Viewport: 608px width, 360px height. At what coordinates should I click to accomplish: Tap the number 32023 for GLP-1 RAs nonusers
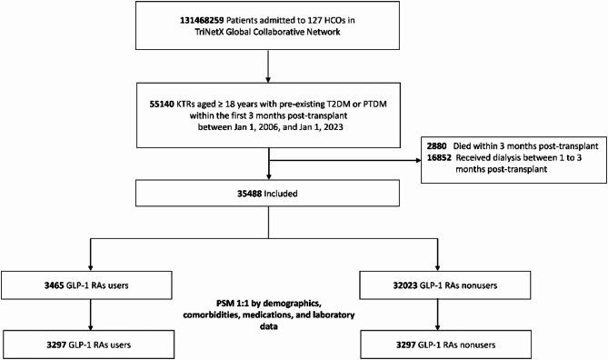tap(430, 288)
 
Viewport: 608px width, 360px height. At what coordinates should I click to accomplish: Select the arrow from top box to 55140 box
tap(267, 71)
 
